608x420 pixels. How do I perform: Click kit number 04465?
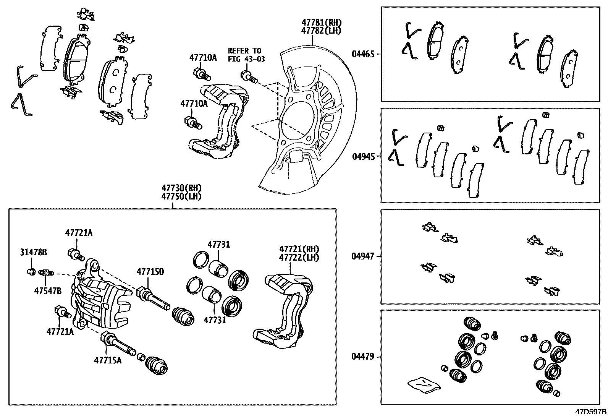click(363, 54)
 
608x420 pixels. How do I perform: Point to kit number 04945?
click(363, 156)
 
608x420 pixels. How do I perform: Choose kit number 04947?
click(363, 256)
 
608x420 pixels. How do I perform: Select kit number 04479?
click(363, 357)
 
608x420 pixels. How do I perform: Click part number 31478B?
click(34, 252)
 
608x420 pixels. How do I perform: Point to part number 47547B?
click(48, 291)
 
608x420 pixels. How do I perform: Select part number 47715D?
click(150, 272)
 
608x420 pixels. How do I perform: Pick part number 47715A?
click(108, 360)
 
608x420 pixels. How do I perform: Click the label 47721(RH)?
click(299, 249)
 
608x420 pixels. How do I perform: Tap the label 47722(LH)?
click(299, 257)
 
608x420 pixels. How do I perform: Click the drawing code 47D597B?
click(591, 412)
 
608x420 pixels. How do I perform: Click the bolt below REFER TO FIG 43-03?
click(248, 76)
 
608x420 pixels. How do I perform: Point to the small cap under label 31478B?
click(31, 272)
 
